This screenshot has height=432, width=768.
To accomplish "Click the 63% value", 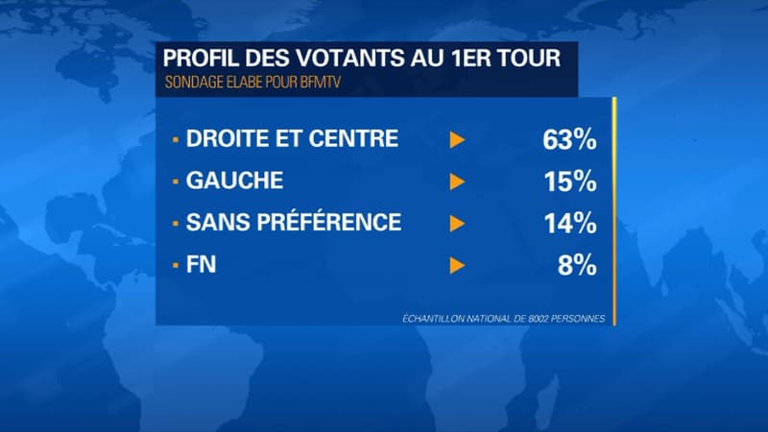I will pos(569,139).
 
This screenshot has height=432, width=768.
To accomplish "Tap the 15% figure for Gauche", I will pos(569,181).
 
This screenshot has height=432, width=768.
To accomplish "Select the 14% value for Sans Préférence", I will pos(569,224).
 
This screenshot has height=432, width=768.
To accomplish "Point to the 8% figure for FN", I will pos(577,265).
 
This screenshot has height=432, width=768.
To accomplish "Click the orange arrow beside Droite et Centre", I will pos(458,139).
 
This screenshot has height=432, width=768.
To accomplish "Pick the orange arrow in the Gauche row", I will pos(458,181).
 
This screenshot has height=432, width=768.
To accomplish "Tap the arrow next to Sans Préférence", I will pos(458,224).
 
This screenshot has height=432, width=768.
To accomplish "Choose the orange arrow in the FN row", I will pos(458,265).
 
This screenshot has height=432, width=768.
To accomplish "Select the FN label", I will pos(201,265).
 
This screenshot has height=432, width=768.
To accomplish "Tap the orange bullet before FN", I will pos(175,265).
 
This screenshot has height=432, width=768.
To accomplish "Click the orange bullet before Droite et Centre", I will pos(175,139).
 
